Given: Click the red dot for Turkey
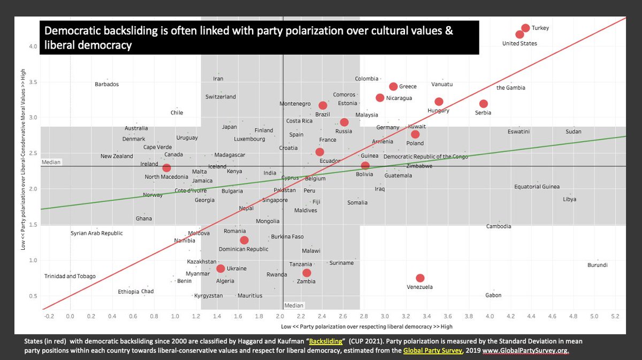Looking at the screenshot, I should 525,28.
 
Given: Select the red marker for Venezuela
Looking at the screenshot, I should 420,278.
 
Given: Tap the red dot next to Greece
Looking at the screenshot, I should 393,86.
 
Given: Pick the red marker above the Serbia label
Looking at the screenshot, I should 483,103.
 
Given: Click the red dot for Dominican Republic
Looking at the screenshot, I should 244,240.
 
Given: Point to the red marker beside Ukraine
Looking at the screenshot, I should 220,269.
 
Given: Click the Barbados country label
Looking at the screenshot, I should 106,84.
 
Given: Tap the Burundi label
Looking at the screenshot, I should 597,265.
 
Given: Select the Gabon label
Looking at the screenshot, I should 493,295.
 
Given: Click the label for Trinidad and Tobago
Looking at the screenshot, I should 70,276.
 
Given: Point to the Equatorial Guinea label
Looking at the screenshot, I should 537,187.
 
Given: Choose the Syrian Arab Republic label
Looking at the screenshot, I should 97,233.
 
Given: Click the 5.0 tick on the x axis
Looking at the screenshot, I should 594,317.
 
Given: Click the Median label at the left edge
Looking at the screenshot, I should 51,162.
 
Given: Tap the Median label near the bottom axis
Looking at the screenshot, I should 294,305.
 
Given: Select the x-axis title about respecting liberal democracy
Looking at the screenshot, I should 366,326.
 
